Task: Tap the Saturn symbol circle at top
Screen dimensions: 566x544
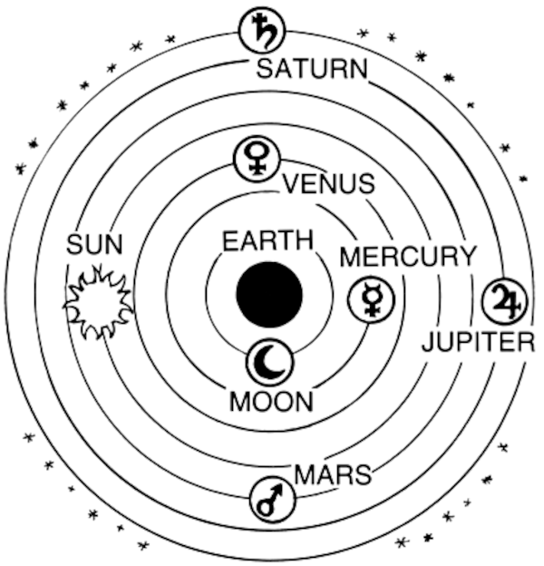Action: click(262, 31)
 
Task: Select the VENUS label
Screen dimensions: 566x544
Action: click(328, 184)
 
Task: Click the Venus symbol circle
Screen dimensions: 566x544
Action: click(257, 161)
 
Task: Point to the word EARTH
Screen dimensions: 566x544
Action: click(267, 242)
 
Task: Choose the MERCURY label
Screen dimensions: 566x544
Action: click(407, 257)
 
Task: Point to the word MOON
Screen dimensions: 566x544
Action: click(271, 401)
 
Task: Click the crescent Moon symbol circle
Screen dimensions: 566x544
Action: click(269, 362)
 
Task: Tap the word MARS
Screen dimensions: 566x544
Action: click(333, 473)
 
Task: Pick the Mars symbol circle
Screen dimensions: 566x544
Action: click(272, 502)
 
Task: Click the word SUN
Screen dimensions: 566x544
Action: click(94, 244)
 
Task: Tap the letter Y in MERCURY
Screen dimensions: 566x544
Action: click(466, 257)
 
